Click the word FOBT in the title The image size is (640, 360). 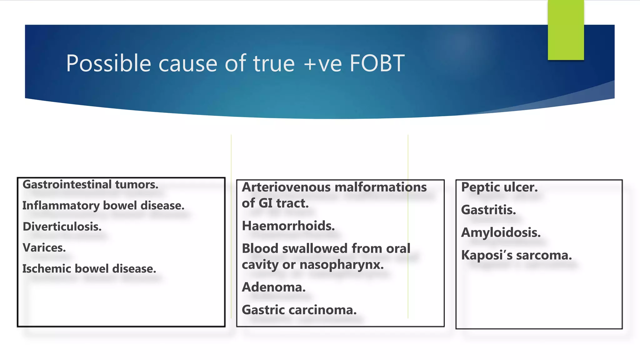pos(377,63)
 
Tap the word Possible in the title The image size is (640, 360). pos(108,63)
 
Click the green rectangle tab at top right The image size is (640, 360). pos(566,30)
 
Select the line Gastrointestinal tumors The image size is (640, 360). pos(90,184)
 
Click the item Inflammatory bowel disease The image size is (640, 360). pos(103,206)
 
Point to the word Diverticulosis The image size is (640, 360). pos(62,227)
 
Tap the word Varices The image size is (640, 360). pos(44,247)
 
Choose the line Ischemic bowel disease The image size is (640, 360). pos(89,269)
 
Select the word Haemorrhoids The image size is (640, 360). pos(288,226)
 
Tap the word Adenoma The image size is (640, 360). pos(274,287)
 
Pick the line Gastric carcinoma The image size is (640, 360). pos(299,310)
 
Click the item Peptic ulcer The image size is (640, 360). pos(499,187)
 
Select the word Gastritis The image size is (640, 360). pos(488,210)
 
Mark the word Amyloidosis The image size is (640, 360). pos(501,232)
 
